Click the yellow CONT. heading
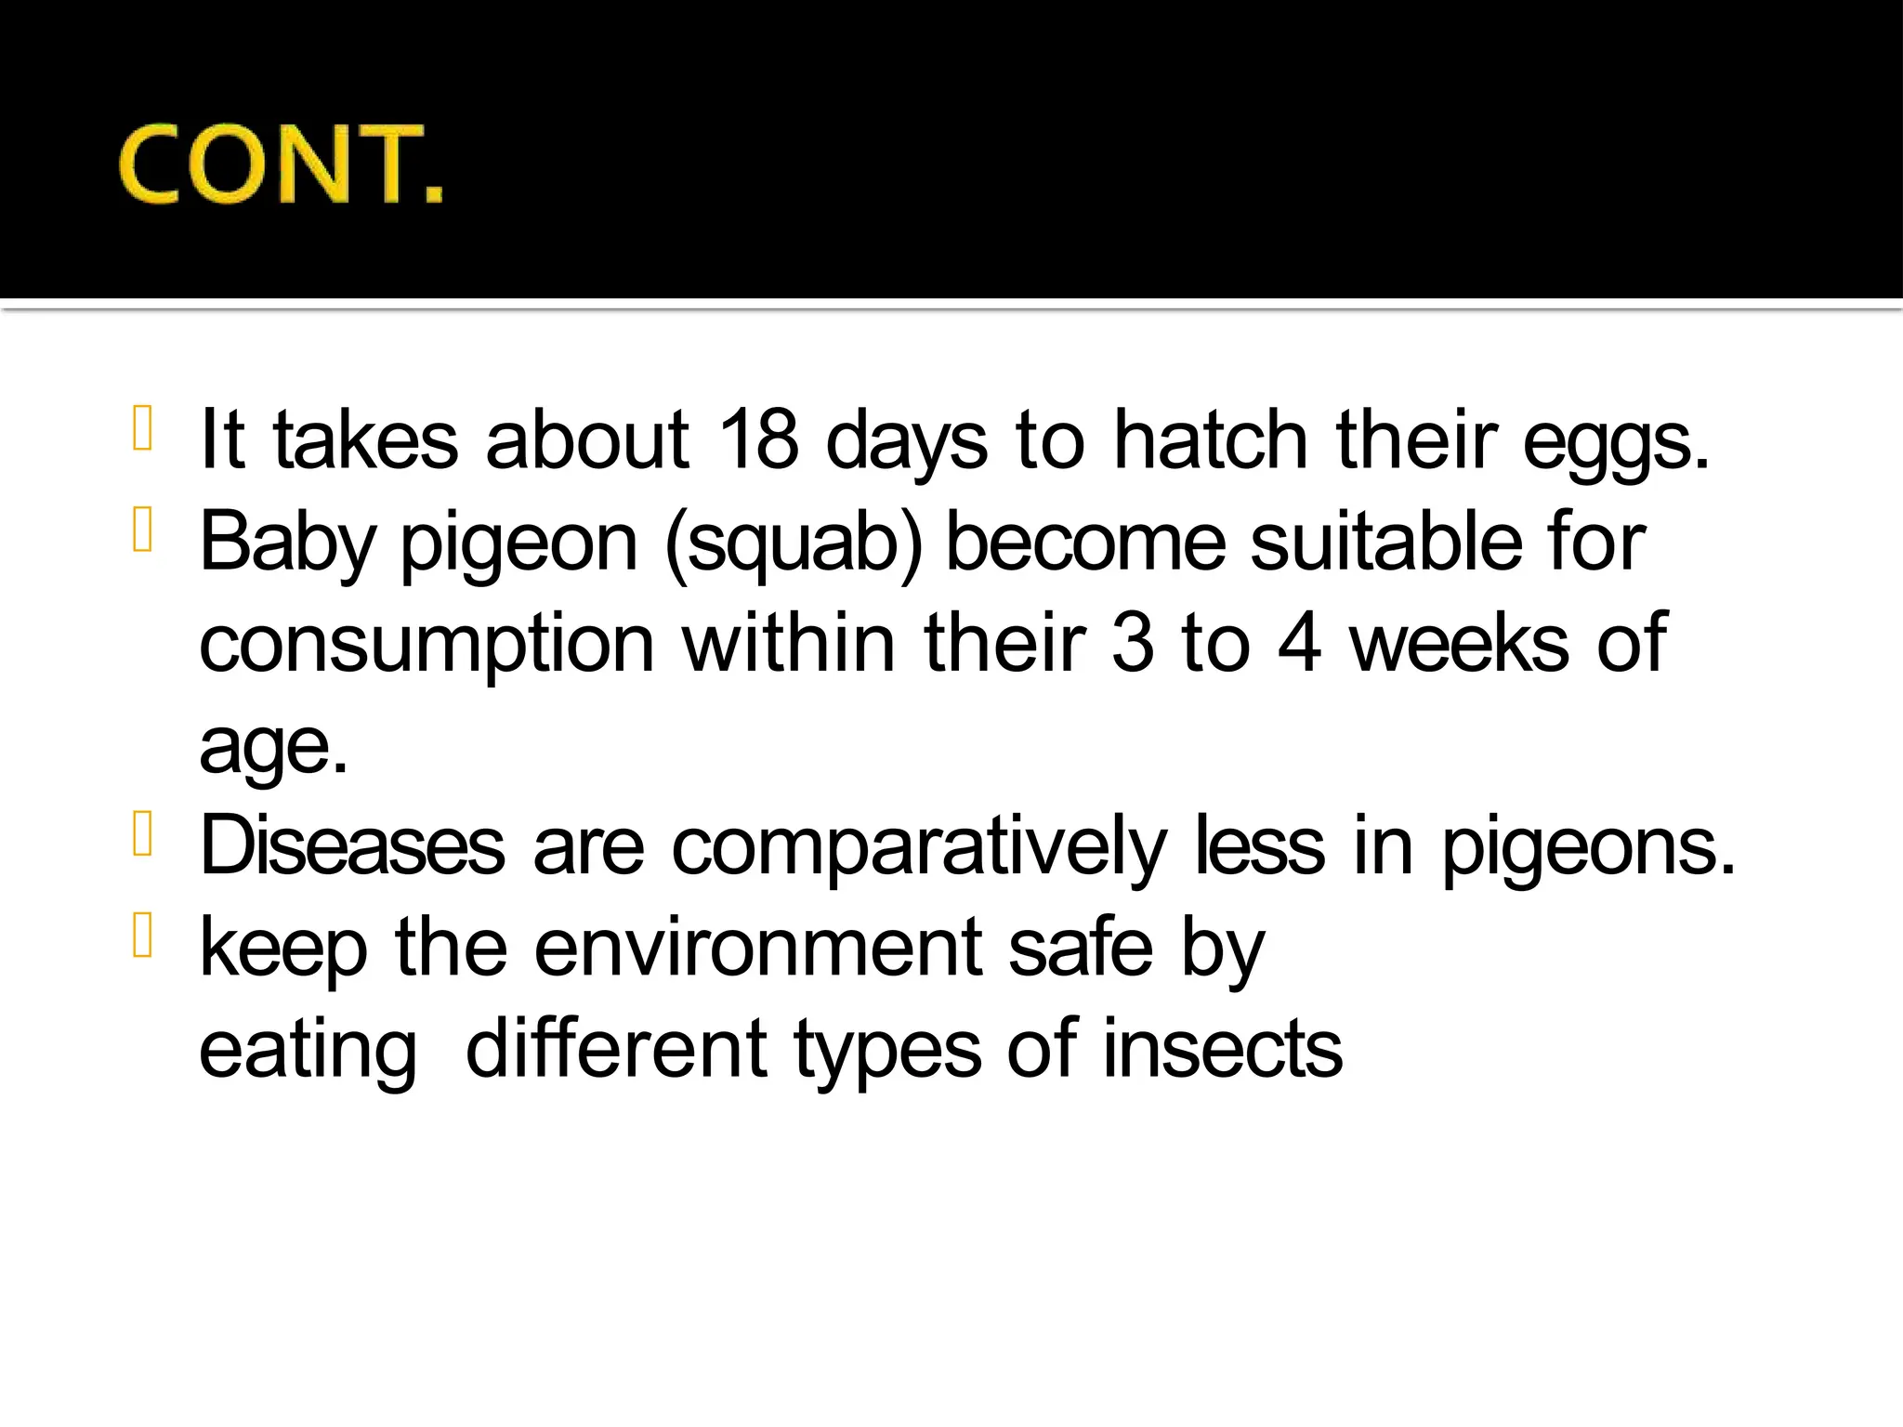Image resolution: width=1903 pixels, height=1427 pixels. pos(281,164)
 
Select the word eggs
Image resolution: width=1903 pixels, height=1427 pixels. pos(1615,442)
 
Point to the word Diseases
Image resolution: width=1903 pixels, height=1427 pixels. pos(352,845)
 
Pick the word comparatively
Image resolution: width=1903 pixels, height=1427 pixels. pos(918,847)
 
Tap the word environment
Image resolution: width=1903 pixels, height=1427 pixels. pos(757,948)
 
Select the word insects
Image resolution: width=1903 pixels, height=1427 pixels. pos(1222,1050)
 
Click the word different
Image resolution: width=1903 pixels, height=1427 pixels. pos(616,1050)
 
